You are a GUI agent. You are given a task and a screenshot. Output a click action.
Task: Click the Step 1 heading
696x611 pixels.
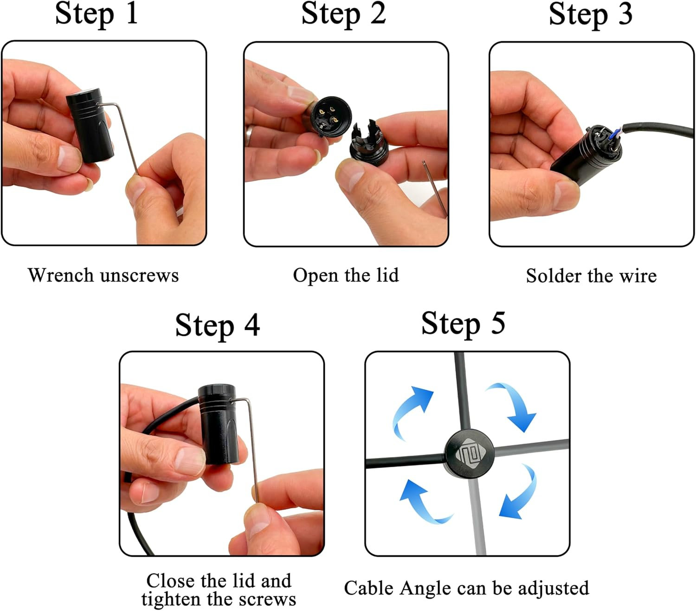(97, 14)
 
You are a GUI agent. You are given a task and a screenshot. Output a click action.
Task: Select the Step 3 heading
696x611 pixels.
(590, 14)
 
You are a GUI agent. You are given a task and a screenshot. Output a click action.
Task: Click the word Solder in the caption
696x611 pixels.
(553, 276)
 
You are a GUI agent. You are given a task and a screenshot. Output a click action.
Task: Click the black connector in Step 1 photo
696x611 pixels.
(90, 125)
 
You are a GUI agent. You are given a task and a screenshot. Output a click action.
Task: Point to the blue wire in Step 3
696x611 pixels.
(614, 134)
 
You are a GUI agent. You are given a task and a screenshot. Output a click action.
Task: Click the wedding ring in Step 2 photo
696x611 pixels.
(249, 135)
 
